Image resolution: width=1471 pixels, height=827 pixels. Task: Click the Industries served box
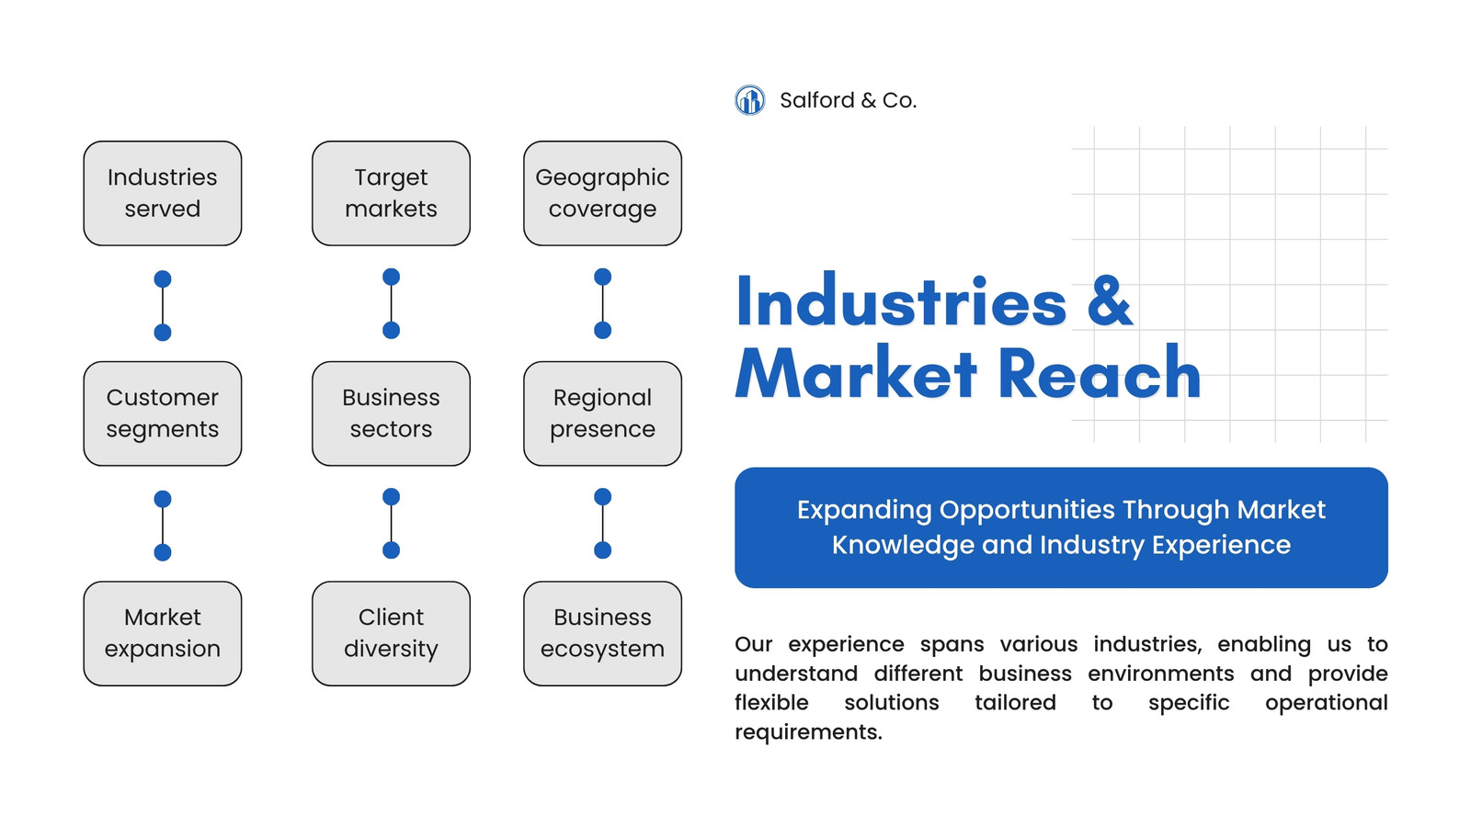[162, 194]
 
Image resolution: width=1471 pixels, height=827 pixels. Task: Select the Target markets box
[391, 194]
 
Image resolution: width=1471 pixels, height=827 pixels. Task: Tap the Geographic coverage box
[602, 194]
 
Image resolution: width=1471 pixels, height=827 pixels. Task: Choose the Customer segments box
[162, 413]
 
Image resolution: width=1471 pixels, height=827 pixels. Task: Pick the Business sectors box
[391, 413]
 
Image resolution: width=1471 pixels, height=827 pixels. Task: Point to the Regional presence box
[602, 413]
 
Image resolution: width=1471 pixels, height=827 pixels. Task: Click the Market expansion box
[162, 633]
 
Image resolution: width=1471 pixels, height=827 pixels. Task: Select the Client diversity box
[391, 633]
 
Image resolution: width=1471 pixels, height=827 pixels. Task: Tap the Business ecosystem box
[602, 633]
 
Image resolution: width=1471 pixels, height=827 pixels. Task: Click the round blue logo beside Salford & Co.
[749, 100]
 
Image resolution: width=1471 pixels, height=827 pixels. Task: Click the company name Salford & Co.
[848, 100]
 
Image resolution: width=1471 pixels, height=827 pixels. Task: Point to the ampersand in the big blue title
[1110, 302]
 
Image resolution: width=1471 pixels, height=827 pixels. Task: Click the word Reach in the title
[1100, 373]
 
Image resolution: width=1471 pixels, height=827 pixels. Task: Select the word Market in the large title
[856, 373]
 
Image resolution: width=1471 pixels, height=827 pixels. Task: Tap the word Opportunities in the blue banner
[1027, 511]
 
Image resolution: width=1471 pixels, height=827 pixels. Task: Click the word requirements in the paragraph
[808, 732]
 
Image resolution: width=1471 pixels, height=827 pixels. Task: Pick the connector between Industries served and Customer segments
[162, 306]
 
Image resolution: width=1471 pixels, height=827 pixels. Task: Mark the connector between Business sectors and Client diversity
[391, 524]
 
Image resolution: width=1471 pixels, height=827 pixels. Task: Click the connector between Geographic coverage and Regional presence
[602, 304]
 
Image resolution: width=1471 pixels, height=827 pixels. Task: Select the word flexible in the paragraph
[771, 702]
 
